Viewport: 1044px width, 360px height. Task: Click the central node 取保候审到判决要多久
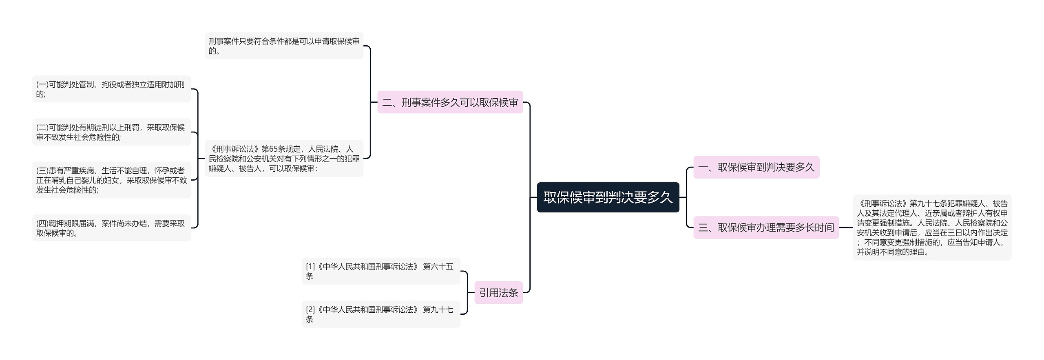(608, 197)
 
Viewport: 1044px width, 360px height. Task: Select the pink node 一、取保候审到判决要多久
(756, 167)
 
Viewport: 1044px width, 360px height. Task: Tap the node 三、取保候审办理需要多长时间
(766, 227)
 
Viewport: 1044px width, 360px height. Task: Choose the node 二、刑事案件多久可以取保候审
(450, 102)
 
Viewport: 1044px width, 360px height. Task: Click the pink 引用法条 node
(498, 293)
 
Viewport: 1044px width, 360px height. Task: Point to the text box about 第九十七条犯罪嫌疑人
(932, 227)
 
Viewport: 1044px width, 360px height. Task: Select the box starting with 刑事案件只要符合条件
(284, 46)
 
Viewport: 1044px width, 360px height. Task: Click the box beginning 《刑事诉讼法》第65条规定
(284, 159)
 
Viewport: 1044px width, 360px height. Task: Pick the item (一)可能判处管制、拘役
(111, 89)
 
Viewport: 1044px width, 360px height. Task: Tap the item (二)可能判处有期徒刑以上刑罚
(111, 132)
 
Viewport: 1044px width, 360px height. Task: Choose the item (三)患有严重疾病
(111, 180)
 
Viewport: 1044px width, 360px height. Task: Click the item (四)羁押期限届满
(111, 228)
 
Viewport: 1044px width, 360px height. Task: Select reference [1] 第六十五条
(381, 271)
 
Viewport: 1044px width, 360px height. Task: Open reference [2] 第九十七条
(381, 314)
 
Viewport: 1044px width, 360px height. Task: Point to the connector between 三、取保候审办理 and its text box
(846, 227)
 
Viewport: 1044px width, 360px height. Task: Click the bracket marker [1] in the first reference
(310, 267)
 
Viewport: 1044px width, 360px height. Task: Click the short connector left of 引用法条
(471, 293)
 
